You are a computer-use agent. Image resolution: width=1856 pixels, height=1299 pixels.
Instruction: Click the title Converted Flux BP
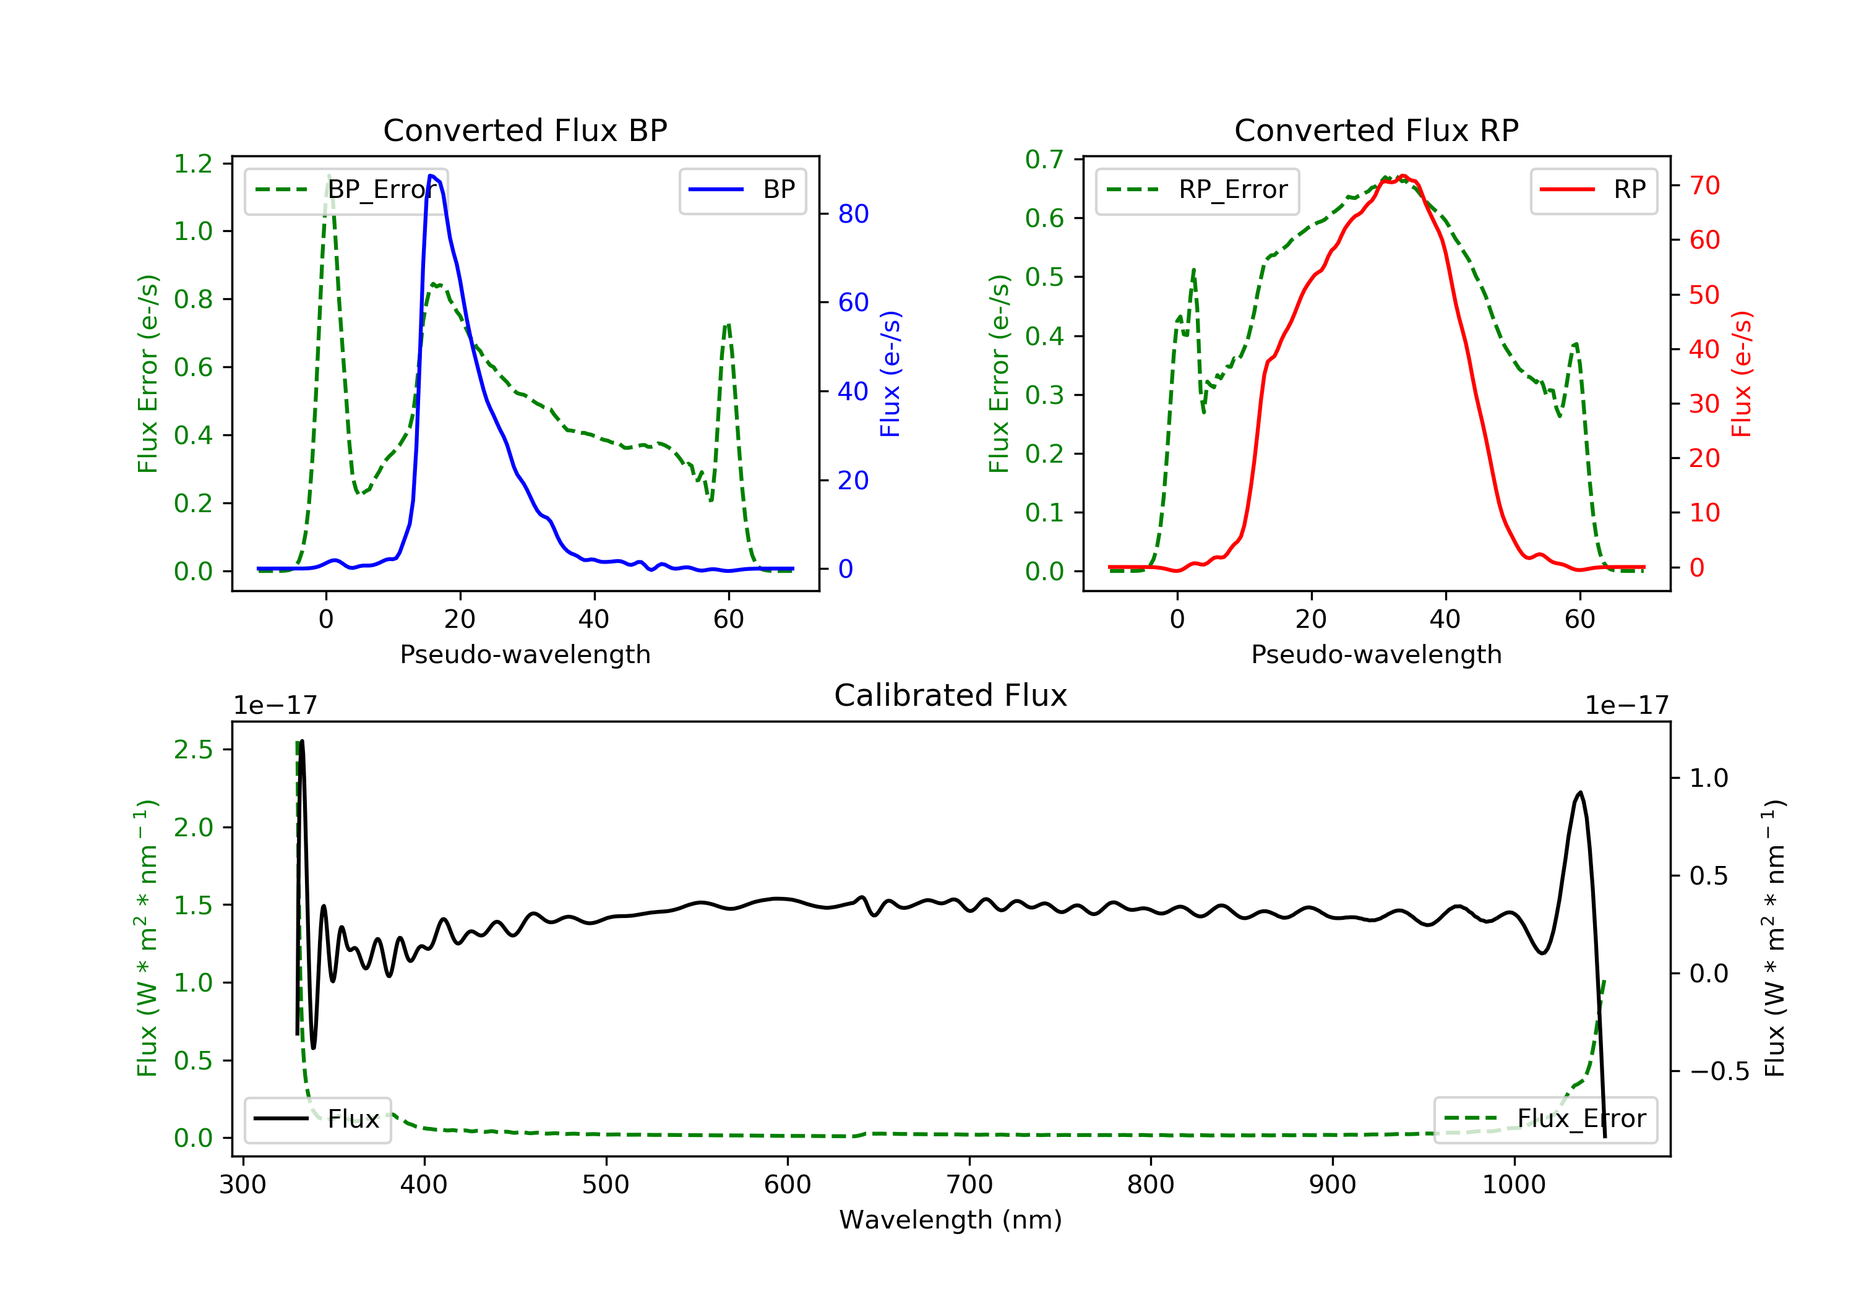point(525,130)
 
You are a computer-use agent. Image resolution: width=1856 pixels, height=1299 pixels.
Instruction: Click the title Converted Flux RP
point(1376,130)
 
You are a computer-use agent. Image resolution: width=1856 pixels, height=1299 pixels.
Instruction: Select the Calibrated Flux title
point(951,695)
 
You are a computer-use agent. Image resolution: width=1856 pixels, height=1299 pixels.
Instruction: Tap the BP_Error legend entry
point(345,190)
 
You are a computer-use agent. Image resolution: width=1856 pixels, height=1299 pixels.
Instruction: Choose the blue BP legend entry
point(742,190)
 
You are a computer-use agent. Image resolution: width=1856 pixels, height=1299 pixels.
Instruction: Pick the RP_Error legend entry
point(1197,190)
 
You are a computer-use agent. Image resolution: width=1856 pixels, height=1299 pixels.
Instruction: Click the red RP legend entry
point(1592,190)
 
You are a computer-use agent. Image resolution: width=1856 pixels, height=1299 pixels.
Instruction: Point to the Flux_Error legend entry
point(1545,1119)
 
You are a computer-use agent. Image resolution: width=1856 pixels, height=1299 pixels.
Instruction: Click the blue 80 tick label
point(853,214)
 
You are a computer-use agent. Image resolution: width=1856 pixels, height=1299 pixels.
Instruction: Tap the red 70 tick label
point(1705,186)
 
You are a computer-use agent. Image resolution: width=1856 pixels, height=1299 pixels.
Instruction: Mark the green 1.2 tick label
point(193,164)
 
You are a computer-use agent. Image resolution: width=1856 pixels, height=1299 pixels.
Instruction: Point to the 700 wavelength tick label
point(969,1185)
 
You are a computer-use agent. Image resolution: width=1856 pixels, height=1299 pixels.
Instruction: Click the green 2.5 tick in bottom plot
point(193,750)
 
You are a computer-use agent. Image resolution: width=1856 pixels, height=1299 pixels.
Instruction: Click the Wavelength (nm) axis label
point(951,1220)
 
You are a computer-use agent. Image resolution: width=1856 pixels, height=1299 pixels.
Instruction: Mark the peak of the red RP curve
point(1403,176)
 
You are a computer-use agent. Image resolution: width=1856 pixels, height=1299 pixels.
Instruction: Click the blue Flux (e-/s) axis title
point(890,374)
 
